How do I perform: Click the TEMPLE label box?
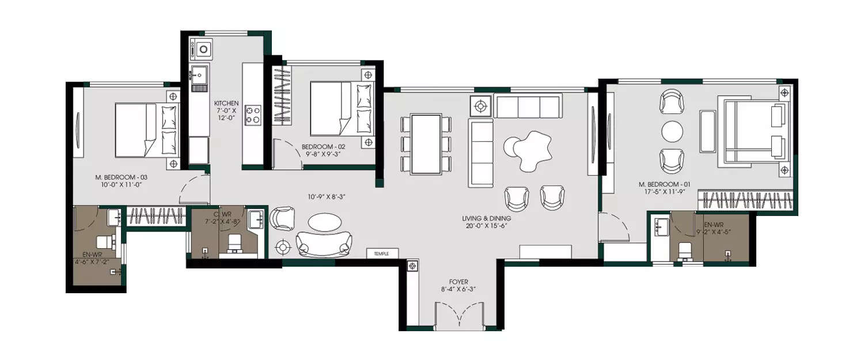pos(381,253)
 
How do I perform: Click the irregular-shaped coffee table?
pos(529,150)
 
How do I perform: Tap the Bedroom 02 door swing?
pos(286,154)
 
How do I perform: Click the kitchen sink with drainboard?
pos(199,78)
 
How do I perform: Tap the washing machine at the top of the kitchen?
pos(204,48)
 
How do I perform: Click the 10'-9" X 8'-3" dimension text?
pos(326,196)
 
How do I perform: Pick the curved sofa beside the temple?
pos(324,244)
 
